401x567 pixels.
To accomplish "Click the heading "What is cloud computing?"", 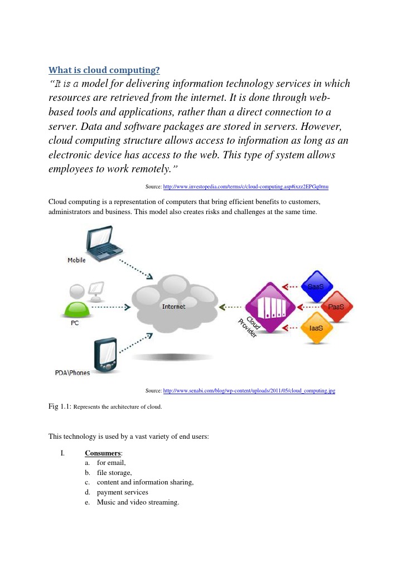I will (x=104, y=70).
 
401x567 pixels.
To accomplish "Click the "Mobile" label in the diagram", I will (x=76, y=260).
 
